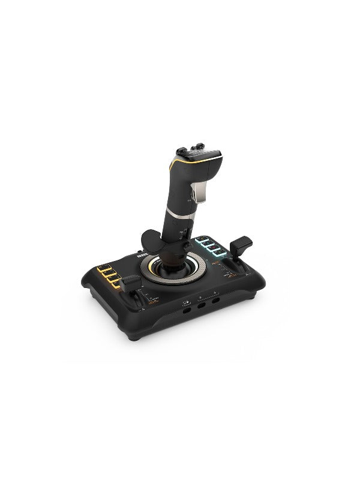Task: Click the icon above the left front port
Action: pos(185,302)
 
